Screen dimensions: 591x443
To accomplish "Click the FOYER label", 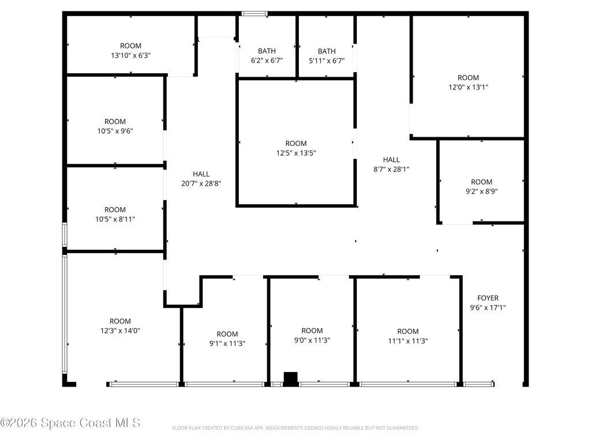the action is [x=488, y=298].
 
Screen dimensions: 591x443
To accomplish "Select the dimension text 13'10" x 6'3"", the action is [x=130, y=55].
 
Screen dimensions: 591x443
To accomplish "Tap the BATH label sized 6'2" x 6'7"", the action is [x=267, y=51].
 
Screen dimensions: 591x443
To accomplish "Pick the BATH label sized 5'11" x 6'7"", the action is [x=327, y=51].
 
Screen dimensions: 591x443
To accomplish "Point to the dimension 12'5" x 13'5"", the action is [x=296, y=153].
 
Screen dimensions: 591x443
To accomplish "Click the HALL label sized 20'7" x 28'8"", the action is [x=201, y=174].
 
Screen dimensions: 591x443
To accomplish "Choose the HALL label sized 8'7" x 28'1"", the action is [x=391, y=160].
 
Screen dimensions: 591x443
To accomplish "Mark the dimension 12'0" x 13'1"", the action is [x=468, y=87].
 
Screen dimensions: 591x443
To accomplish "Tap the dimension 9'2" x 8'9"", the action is [x=482, y=192].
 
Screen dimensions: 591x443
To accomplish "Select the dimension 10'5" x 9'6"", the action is [x=115, y=131].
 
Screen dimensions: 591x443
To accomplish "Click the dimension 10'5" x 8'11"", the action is [x=115, y=219].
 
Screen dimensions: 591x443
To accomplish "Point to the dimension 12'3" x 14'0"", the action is [x=120, y=331].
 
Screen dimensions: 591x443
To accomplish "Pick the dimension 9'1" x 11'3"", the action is [x=227, y=344].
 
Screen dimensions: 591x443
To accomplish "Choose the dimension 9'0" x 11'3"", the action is [x=312, y=340].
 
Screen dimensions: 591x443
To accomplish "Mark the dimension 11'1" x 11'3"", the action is [x=408, y=341].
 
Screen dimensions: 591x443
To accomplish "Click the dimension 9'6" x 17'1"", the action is [x=488, y=308].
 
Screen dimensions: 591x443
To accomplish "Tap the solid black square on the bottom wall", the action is [x=291, y=379].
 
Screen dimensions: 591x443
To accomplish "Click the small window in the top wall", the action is [x=255, y=14].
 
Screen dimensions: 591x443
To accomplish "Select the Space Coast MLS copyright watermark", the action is [x=70, y=423].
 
